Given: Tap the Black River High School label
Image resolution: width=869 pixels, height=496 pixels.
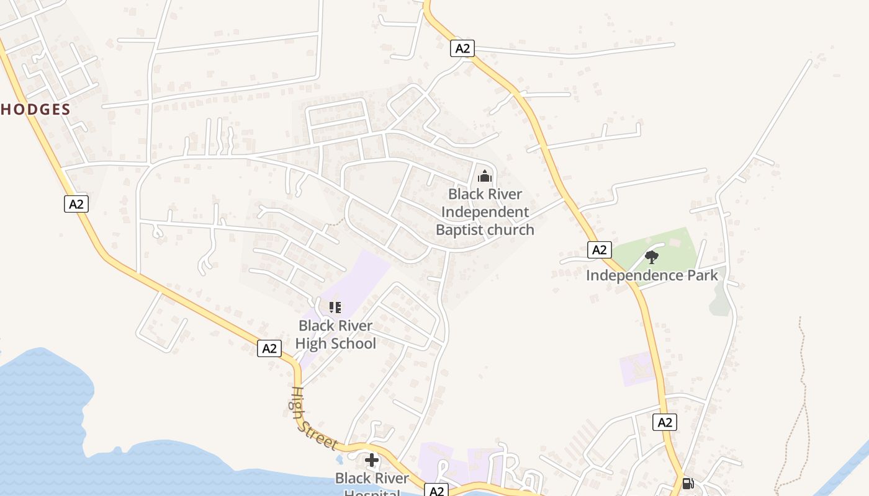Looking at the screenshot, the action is click(x=336, y=334).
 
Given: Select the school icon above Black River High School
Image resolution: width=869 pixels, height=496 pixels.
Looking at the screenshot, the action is click(x=335, y=307).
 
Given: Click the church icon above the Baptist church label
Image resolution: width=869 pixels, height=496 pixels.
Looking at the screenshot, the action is click(x=485, y=176).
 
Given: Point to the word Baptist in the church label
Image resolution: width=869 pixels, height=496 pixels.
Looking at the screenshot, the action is click(x=459, y=230).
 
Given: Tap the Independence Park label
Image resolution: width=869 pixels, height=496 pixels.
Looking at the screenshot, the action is click(x=652, y=275).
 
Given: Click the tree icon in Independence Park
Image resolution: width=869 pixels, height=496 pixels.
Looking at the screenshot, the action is click(x=652, y=257).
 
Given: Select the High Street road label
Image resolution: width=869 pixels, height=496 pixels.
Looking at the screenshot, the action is click(x=314, y=418).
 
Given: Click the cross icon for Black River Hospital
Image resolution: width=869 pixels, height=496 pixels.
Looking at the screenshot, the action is click(x=372, y=460).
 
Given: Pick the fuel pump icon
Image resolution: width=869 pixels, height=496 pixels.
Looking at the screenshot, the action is click(x=688, y=483).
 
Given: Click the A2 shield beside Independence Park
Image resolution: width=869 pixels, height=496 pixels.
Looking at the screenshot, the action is click(x=599, y=250).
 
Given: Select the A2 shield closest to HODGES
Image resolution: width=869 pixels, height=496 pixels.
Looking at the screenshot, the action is click(x=76, y=204).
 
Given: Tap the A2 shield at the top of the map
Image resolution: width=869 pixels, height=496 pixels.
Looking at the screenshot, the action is click(x=462, y=48).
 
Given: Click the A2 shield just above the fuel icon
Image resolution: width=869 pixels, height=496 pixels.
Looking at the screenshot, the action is click(x=665, y=423).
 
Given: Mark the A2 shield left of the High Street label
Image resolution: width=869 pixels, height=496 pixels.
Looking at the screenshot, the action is click(x=269, y=348).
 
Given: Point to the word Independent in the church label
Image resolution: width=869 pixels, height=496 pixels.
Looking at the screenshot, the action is click(x=485, y=212).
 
